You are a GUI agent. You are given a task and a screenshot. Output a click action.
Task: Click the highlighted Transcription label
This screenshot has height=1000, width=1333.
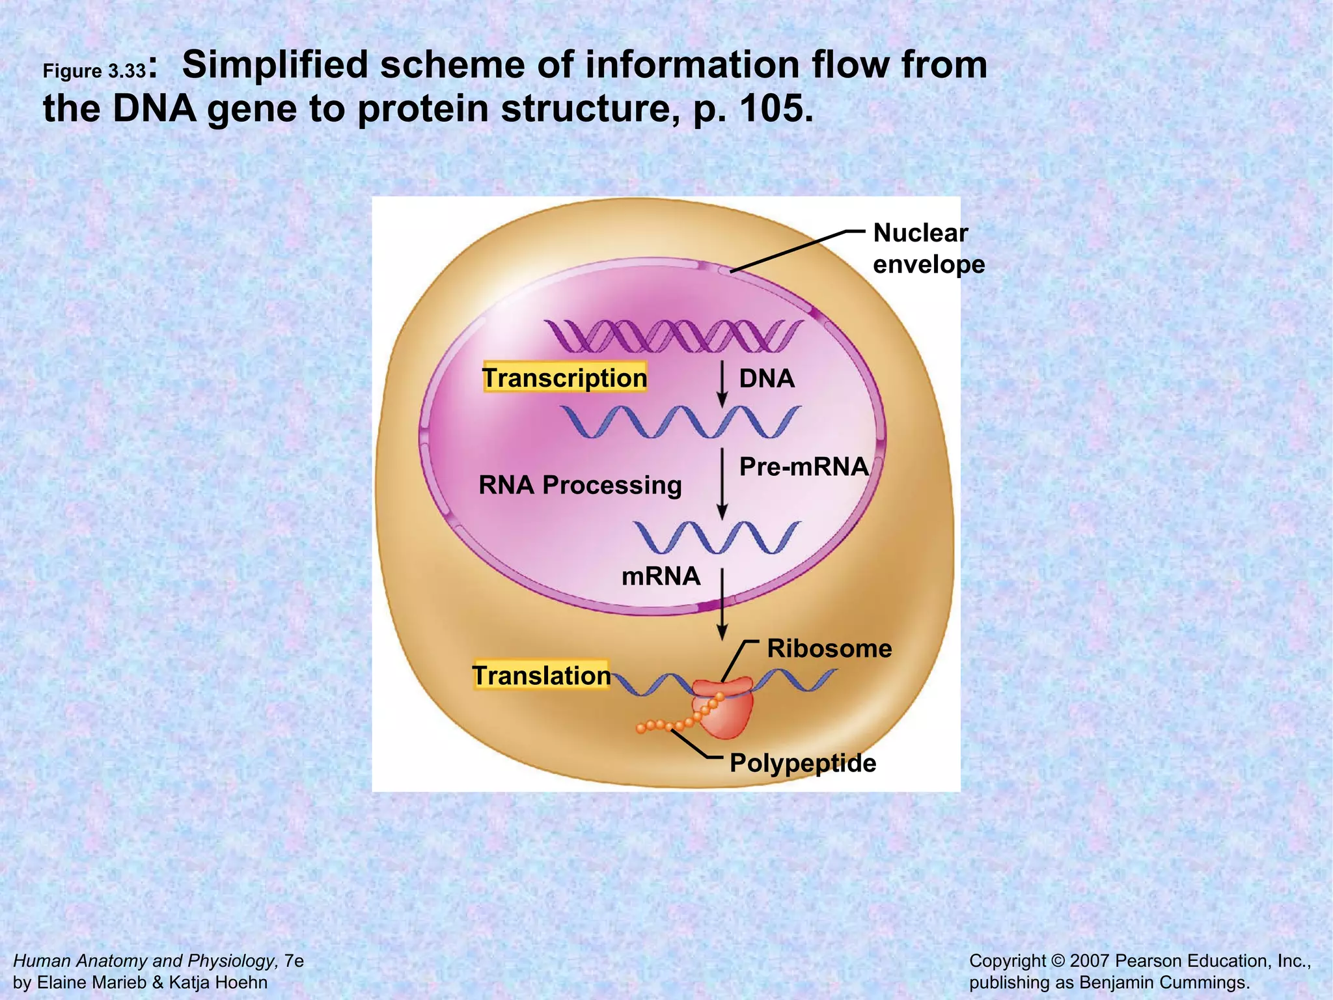[564, 378]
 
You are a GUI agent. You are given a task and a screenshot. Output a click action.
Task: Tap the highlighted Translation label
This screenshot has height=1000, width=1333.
[541, 675]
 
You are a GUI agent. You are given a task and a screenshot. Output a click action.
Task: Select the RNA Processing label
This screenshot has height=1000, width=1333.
[580, 485]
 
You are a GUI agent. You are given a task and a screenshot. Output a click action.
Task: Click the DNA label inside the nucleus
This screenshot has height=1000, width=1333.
[767, 378]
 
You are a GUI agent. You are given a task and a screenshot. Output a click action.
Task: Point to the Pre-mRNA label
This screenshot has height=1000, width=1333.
[804, 467]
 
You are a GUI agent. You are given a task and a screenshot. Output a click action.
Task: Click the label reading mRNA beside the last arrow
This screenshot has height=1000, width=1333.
[661, 576]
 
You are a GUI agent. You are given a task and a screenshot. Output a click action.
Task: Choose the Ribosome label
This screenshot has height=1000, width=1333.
[829, 648]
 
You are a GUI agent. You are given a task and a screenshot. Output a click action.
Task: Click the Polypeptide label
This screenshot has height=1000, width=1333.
[803, 763]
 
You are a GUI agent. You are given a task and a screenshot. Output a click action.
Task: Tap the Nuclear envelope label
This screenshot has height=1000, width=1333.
[928, 249]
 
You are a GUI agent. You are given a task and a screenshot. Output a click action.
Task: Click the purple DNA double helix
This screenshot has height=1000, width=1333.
[674, 335]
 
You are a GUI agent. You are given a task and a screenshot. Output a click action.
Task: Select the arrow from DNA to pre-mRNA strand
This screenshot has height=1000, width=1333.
[722, 384]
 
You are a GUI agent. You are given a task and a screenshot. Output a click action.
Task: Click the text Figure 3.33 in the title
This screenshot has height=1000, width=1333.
[94, 71]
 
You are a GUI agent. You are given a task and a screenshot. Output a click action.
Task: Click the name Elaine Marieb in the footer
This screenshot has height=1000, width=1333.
[91, 982]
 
